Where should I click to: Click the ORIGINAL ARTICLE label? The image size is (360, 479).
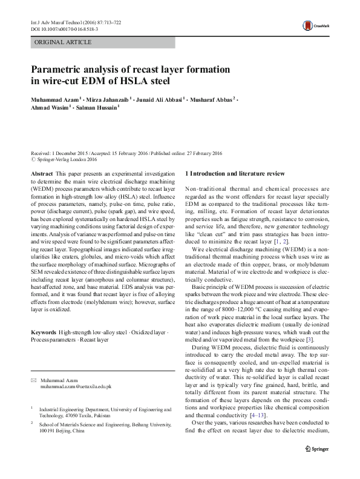point(64,42)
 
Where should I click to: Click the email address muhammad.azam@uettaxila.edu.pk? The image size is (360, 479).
point(76,386)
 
